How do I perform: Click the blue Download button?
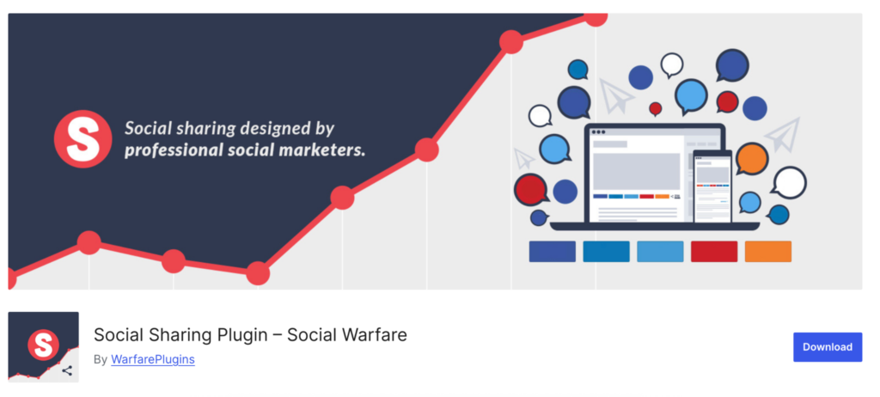coord(828,347)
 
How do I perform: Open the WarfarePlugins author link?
coord(153,359)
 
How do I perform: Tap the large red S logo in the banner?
coord(82,138)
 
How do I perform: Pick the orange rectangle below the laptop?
coord(767,252)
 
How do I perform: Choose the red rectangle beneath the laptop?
coord(714,252)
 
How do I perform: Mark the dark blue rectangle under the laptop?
coord(553,252)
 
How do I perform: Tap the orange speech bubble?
coord(751,158)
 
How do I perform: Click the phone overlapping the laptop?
coord(712,186)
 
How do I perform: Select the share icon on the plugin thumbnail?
coord(67,370)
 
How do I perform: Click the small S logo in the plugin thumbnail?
coord(43,345)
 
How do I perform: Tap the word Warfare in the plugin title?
coord(377,334)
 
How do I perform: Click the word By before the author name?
coord(100,359)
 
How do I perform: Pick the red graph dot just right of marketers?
coord(426,150)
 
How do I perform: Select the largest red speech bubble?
coord(531,189)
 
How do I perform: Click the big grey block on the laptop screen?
coord(637,171)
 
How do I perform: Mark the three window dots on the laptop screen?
coord(598,132)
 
